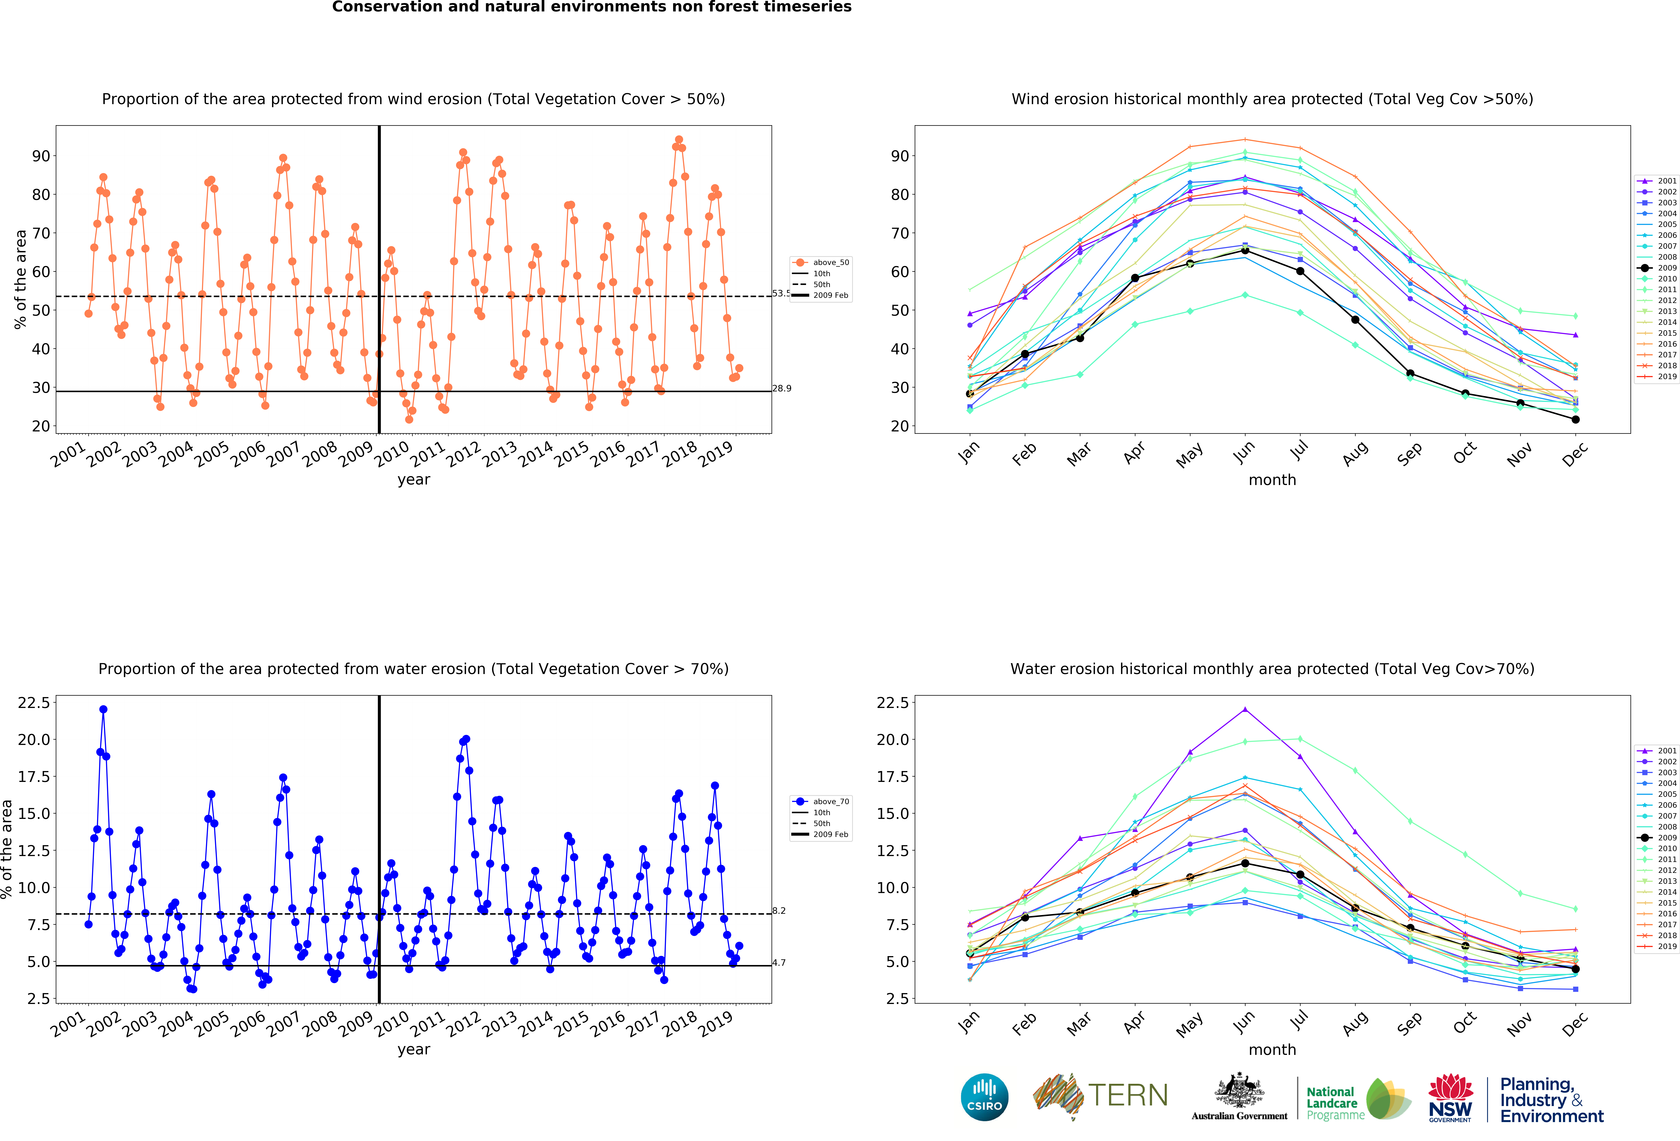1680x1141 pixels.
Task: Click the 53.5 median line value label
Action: pyautogui.click(x=781, y=293)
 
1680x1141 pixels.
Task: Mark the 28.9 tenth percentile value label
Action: pyautogui.click(x=781, y=389)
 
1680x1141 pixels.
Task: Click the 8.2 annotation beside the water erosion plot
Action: pyautogui.click(x=779, y=911)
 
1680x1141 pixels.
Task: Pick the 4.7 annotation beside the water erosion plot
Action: pyautogui.click(x=779, y=963)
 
